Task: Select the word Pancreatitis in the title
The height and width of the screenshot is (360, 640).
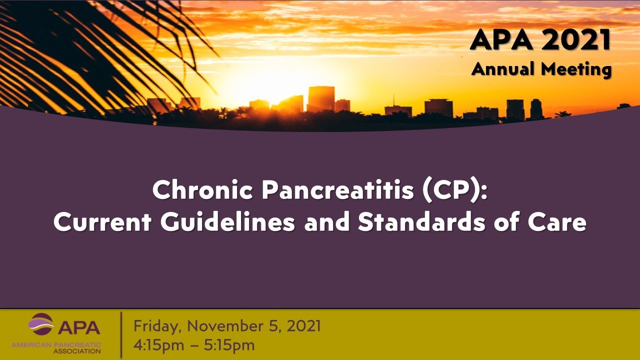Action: click(x=337, y=190)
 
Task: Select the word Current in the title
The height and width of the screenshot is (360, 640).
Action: click(x=102, y=222)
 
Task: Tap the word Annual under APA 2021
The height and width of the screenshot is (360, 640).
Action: click(x=503, y=68)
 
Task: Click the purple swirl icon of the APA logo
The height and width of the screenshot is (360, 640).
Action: click(x=41, y=324)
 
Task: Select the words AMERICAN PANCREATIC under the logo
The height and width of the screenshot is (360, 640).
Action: click(x=56, y=344)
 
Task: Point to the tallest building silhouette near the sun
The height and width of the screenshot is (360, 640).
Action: click(x=320, y=98)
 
